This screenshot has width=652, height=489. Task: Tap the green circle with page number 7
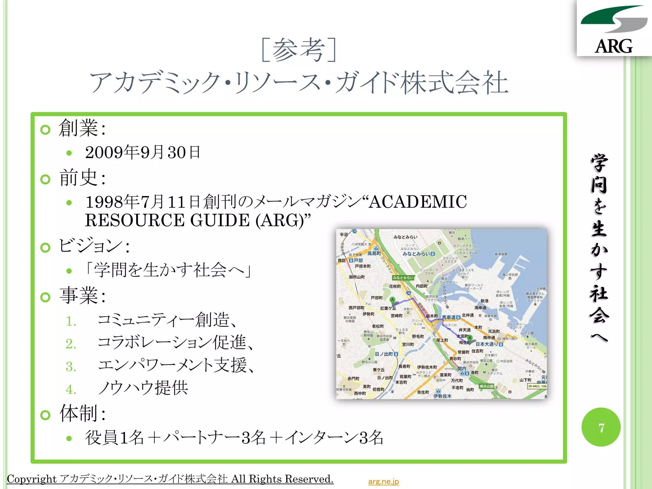(x=601, y=427)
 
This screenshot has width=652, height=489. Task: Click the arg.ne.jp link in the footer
(x=383, y=481)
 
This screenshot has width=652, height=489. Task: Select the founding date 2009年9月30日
(x=143, y=152)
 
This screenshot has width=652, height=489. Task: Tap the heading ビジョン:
(x=94, y=246)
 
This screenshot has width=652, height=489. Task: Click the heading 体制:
(x=82, y=413)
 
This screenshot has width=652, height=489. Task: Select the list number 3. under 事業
(x=71, y=367)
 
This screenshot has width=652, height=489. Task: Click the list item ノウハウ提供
(x=143, y=388)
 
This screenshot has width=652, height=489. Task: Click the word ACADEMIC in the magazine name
(x=418, y=202)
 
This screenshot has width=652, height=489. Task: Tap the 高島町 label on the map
(x=374, y=253)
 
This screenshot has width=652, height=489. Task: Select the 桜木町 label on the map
(x=432, y=316)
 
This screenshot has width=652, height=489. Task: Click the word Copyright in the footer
(x=32, y=479)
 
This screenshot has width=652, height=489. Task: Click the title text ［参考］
(x=299, y=50)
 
